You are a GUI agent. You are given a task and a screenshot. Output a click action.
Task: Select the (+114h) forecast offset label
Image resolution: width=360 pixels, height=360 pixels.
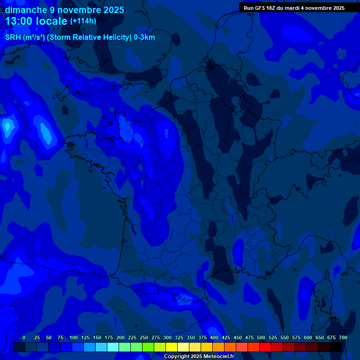coord(83,21)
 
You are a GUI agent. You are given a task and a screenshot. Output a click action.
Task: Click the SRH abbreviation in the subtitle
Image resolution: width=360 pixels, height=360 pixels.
coord(13,37)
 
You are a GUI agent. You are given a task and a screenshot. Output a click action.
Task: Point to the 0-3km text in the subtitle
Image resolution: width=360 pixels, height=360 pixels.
coord(144,37)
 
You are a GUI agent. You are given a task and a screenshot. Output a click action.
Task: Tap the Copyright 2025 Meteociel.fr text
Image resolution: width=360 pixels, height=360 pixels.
coord(199,357)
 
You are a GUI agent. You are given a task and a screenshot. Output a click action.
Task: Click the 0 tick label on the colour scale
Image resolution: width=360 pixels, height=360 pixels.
coord(24,337)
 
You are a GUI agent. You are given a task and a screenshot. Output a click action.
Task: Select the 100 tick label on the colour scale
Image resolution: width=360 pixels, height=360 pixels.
coord(74,337)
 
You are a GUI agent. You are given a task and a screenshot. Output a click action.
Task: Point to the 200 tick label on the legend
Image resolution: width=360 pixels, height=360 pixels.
coord(120,337)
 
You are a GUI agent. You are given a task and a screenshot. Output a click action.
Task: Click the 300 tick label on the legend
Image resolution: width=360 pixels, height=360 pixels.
coord(167,337)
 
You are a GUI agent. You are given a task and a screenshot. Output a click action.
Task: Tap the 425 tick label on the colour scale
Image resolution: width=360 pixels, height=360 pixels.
coord(226,337)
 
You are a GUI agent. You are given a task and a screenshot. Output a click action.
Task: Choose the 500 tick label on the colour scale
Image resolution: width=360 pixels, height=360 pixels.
coord(261,337)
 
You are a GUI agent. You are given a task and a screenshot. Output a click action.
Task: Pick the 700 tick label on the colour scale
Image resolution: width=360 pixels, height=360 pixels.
coord(343,337)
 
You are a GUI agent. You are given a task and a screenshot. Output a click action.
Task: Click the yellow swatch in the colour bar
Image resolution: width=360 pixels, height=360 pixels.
coord(172,347)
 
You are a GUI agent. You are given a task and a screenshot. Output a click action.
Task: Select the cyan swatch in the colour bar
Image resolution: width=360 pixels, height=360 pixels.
coord(113,347)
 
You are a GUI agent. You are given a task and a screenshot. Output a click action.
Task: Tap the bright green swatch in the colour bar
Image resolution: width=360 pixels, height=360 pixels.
coord(148,347)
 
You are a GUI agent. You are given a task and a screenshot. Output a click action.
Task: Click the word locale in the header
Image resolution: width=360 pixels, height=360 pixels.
coord(52,21)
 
